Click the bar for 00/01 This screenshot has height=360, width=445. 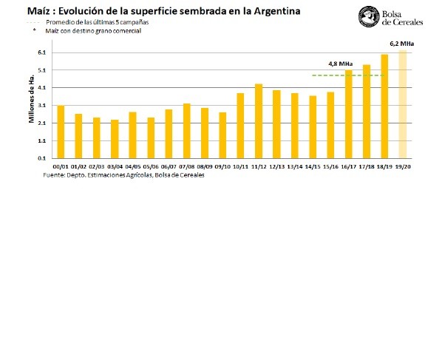pyautogui.click(x=61, y=132)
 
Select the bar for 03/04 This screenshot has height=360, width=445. pyautogui.click(x=115, y=139)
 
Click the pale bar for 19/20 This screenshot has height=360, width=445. pyautogui.click(x=403, y=104)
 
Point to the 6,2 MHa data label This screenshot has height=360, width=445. pyautogui.click(x=401, y=44)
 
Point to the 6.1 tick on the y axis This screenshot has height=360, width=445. pyautogui.click(x=41, y=53)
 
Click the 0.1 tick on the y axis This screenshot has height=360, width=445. pyautogui.click(x=41, y=158)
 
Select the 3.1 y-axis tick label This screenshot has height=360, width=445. pyautogui.click(x=41, y=106)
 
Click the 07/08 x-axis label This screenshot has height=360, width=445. pyautogui.click(x=187, y=167)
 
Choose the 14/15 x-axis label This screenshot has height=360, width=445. pyautogui.click(x=313, y=167)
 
